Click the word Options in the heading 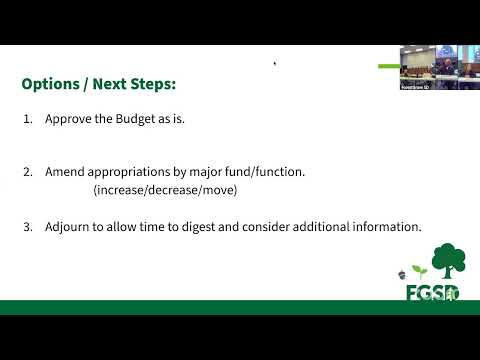51,84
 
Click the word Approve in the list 68,119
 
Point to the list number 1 28,119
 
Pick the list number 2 28,172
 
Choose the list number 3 28,227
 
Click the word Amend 65,172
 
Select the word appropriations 129,173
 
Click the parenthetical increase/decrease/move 165,190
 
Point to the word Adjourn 67,227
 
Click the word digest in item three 198,227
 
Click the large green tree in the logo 449,261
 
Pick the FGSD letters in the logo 433,293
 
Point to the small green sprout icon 419,271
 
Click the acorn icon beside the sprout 402,275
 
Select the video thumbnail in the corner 440,67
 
